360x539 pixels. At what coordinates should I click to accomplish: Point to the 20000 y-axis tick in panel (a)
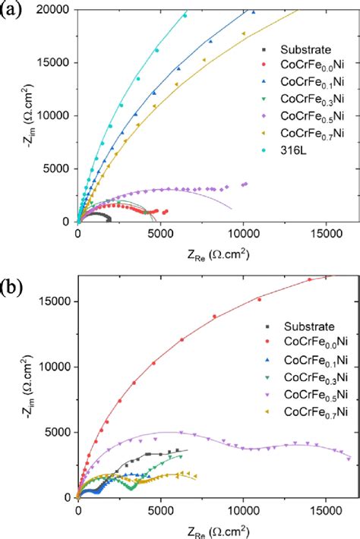tap(53, 9)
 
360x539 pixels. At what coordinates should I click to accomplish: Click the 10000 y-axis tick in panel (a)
tap(53, 115)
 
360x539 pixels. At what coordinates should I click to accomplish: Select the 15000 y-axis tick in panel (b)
tap(53, 301)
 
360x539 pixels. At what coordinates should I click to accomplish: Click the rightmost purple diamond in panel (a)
tap(245, 183)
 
